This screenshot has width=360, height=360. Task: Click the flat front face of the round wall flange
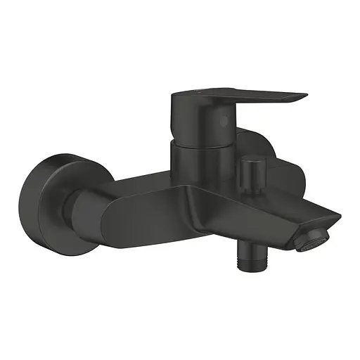point(50,199)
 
